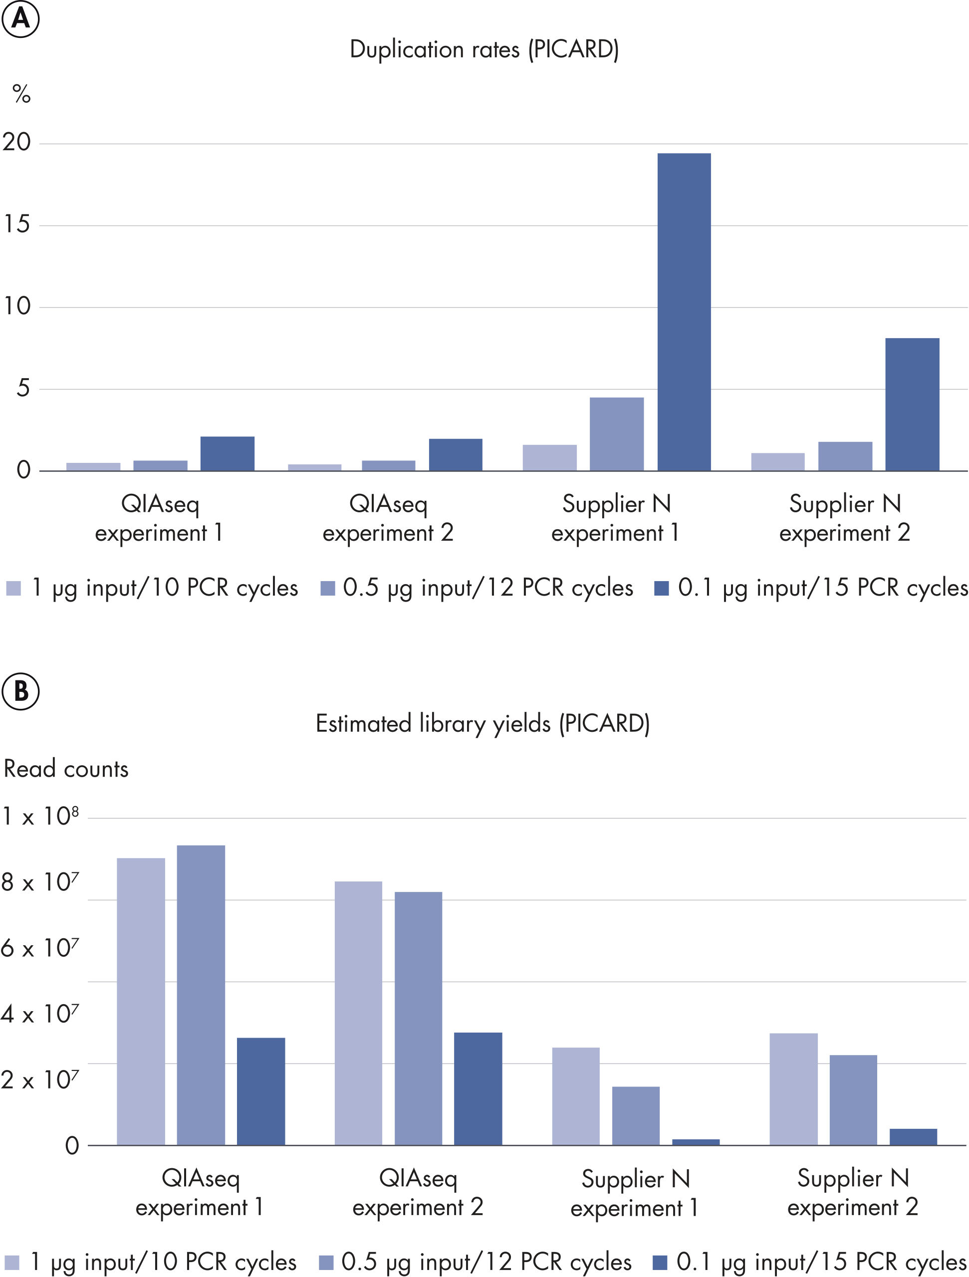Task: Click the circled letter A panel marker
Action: pos(21,18)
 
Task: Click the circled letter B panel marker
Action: pos(21,691)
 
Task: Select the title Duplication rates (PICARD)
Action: pos(484,50)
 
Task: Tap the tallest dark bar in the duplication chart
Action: pos(684,312)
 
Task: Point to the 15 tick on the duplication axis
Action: pos(17,224)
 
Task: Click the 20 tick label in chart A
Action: pos(17,142)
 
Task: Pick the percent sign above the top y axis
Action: pos(21,93)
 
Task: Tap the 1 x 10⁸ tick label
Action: pos(40,816)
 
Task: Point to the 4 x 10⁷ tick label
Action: pos(39,1014)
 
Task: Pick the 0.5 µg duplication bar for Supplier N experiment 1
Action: pos(616,434)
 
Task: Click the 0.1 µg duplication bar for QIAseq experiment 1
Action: pos(227,454)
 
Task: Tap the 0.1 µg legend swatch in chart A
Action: pos(661,588)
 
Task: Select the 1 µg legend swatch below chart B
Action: pos(12,1262)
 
